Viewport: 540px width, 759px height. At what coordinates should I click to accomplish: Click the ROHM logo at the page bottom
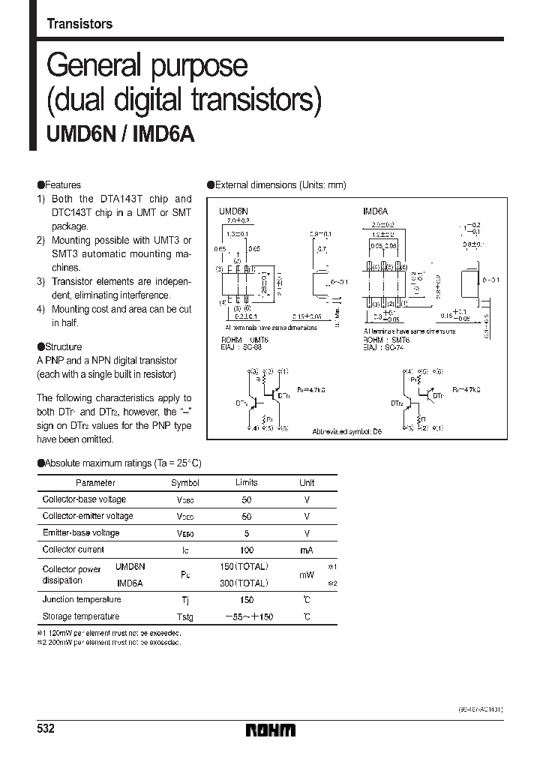tap(270, 730)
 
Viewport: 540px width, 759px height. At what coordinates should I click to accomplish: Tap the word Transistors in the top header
tap(79, 24)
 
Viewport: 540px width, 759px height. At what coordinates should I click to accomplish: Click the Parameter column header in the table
tap(95, 483)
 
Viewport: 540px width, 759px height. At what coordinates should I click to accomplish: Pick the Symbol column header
tap(185, 483)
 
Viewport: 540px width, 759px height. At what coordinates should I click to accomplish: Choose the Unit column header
tap(307, 483)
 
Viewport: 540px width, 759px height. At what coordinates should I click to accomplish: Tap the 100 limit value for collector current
tap(247, 550)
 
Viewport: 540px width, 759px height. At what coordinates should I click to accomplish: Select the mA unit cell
tap(307, 550)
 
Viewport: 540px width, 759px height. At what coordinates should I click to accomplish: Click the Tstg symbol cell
tap(185, 617)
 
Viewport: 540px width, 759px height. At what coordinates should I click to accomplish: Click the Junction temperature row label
tap(82, 599)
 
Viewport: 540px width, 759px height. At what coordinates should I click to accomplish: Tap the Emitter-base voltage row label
tap(81, 532)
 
